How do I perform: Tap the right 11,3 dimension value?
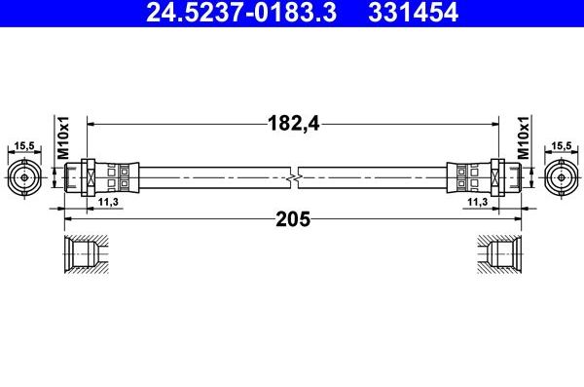[x=478, y=201]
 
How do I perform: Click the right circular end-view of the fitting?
[x=559, y=177]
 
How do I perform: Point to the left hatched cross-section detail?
[x=85, y=256]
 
